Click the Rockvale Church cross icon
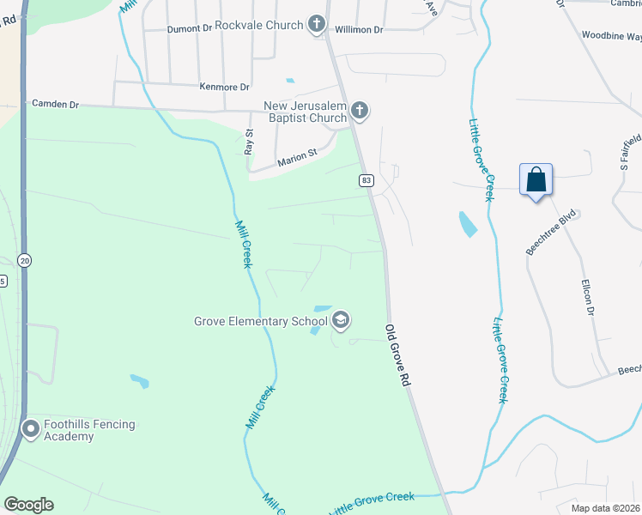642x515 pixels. pyautogui.click(x=317, y=24)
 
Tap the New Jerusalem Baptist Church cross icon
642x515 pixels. pyautogui.click(x=360, y=111)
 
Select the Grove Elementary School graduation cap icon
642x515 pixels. pyautogui.click(x=341, y=321)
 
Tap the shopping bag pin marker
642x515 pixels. pyautogui.click(x=536, y=180)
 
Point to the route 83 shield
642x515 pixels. pyautogui.click(x=366, y=180)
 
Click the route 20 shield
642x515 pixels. pyautogui.click(x=24, y=260)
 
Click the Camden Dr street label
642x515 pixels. pyautogui.click(x=55, y=104)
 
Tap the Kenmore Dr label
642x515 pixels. pyautogui.click(x=223, y=87)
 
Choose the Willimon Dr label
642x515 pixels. pyautogui.click(x=359, y=29)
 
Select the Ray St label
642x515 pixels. pyautogui.click(x=250, y=142)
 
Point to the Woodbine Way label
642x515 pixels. pyautogui.click(x=611, y=37)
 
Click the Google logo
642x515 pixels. pyautogui.click(x=28, y=505)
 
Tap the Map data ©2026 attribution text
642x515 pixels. pyautogui.click(x=606, y=508)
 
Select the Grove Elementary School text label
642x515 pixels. pyautogui.click(x=260, y=322)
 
